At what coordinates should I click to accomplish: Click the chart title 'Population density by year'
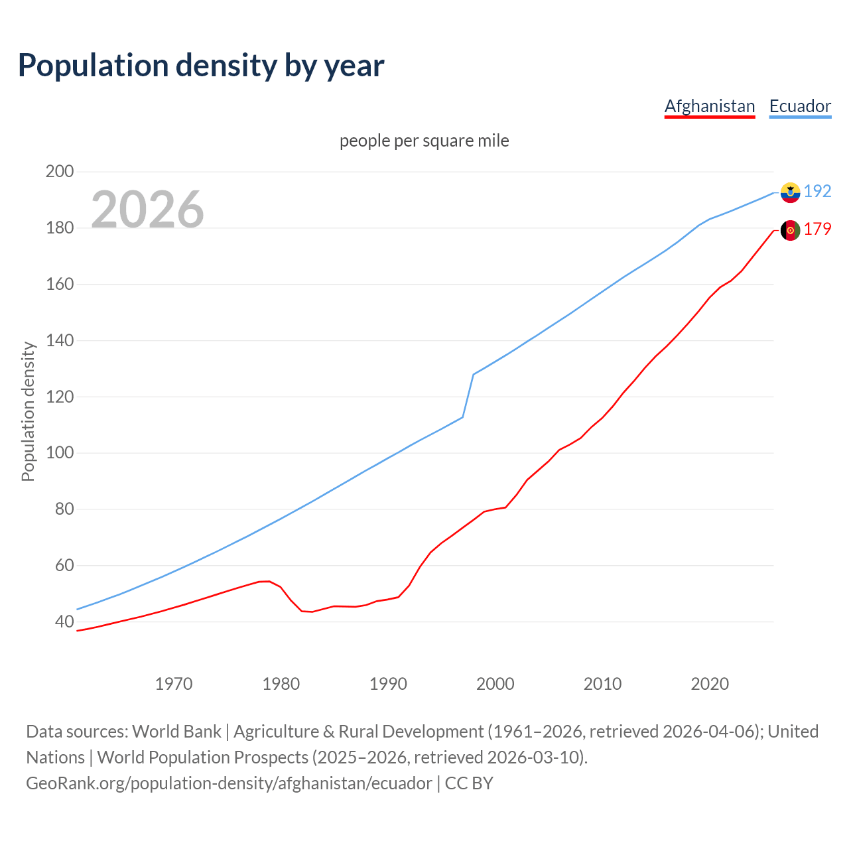tap(201, 65)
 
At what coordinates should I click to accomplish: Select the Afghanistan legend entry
tap(710, 106)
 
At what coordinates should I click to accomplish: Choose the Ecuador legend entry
tap(800, 106)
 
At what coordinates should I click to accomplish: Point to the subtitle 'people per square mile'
tap(424, 141)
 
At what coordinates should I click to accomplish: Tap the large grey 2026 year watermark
tap(147, 209)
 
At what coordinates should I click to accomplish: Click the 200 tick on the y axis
tap(59, 171)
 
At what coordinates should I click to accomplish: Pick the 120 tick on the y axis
tap(59, 397)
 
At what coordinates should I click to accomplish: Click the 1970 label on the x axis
tap(174, 683)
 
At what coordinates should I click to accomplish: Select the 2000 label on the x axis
tap(495, 683)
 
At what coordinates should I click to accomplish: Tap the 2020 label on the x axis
tap(710, 683)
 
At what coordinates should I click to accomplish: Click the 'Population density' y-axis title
tap(28, 411)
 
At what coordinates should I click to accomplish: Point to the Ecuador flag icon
tap(790, 192)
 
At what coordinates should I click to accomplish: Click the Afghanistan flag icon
tap(790, 230)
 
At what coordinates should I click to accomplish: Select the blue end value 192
tap(817, 191)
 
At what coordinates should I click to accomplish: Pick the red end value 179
tap(817, 229)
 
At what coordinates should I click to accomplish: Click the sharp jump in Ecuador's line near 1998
tap(468, 395)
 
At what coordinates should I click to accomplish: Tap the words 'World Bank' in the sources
tap(176, 731)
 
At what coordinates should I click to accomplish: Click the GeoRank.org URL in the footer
tap(229, 783)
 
